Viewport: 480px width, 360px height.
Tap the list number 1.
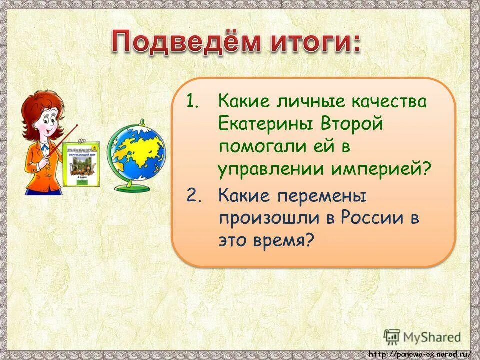coord(193,102)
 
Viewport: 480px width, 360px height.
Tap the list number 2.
coord(194,195)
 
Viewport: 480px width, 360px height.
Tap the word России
coord(365,218)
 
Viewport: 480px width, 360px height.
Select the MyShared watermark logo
coord(423,336)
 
